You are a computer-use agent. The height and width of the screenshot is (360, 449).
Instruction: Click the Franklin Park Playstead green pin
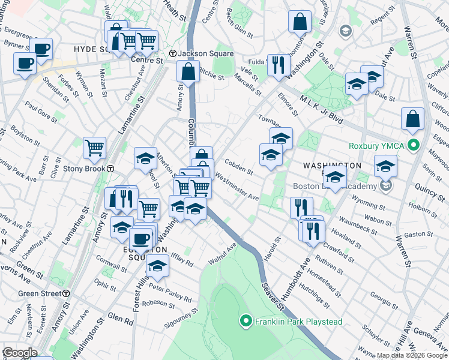pyautogui.click(x=245, y=322)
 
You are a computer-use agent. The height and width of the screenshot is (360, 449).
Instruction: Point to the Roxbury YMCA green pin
pyautogui.click(x=413, y=145)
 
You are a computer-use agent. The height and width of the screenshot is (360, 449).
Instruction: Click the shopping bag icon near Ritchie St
pyautogui.click(x=188, y=71)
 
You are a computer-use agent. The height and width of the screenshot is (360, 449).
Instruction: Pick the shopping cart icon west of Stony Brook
pyautogui.click(x=94, y=148)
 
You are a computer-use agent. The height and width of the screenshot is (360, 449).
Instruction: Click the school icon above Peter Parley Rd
pyautogui.click(x=157, y=266)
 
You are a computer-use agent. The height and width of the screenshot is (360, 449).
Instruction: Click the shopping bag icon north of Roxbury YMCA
pyautogui.click(x=413, y=119)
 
